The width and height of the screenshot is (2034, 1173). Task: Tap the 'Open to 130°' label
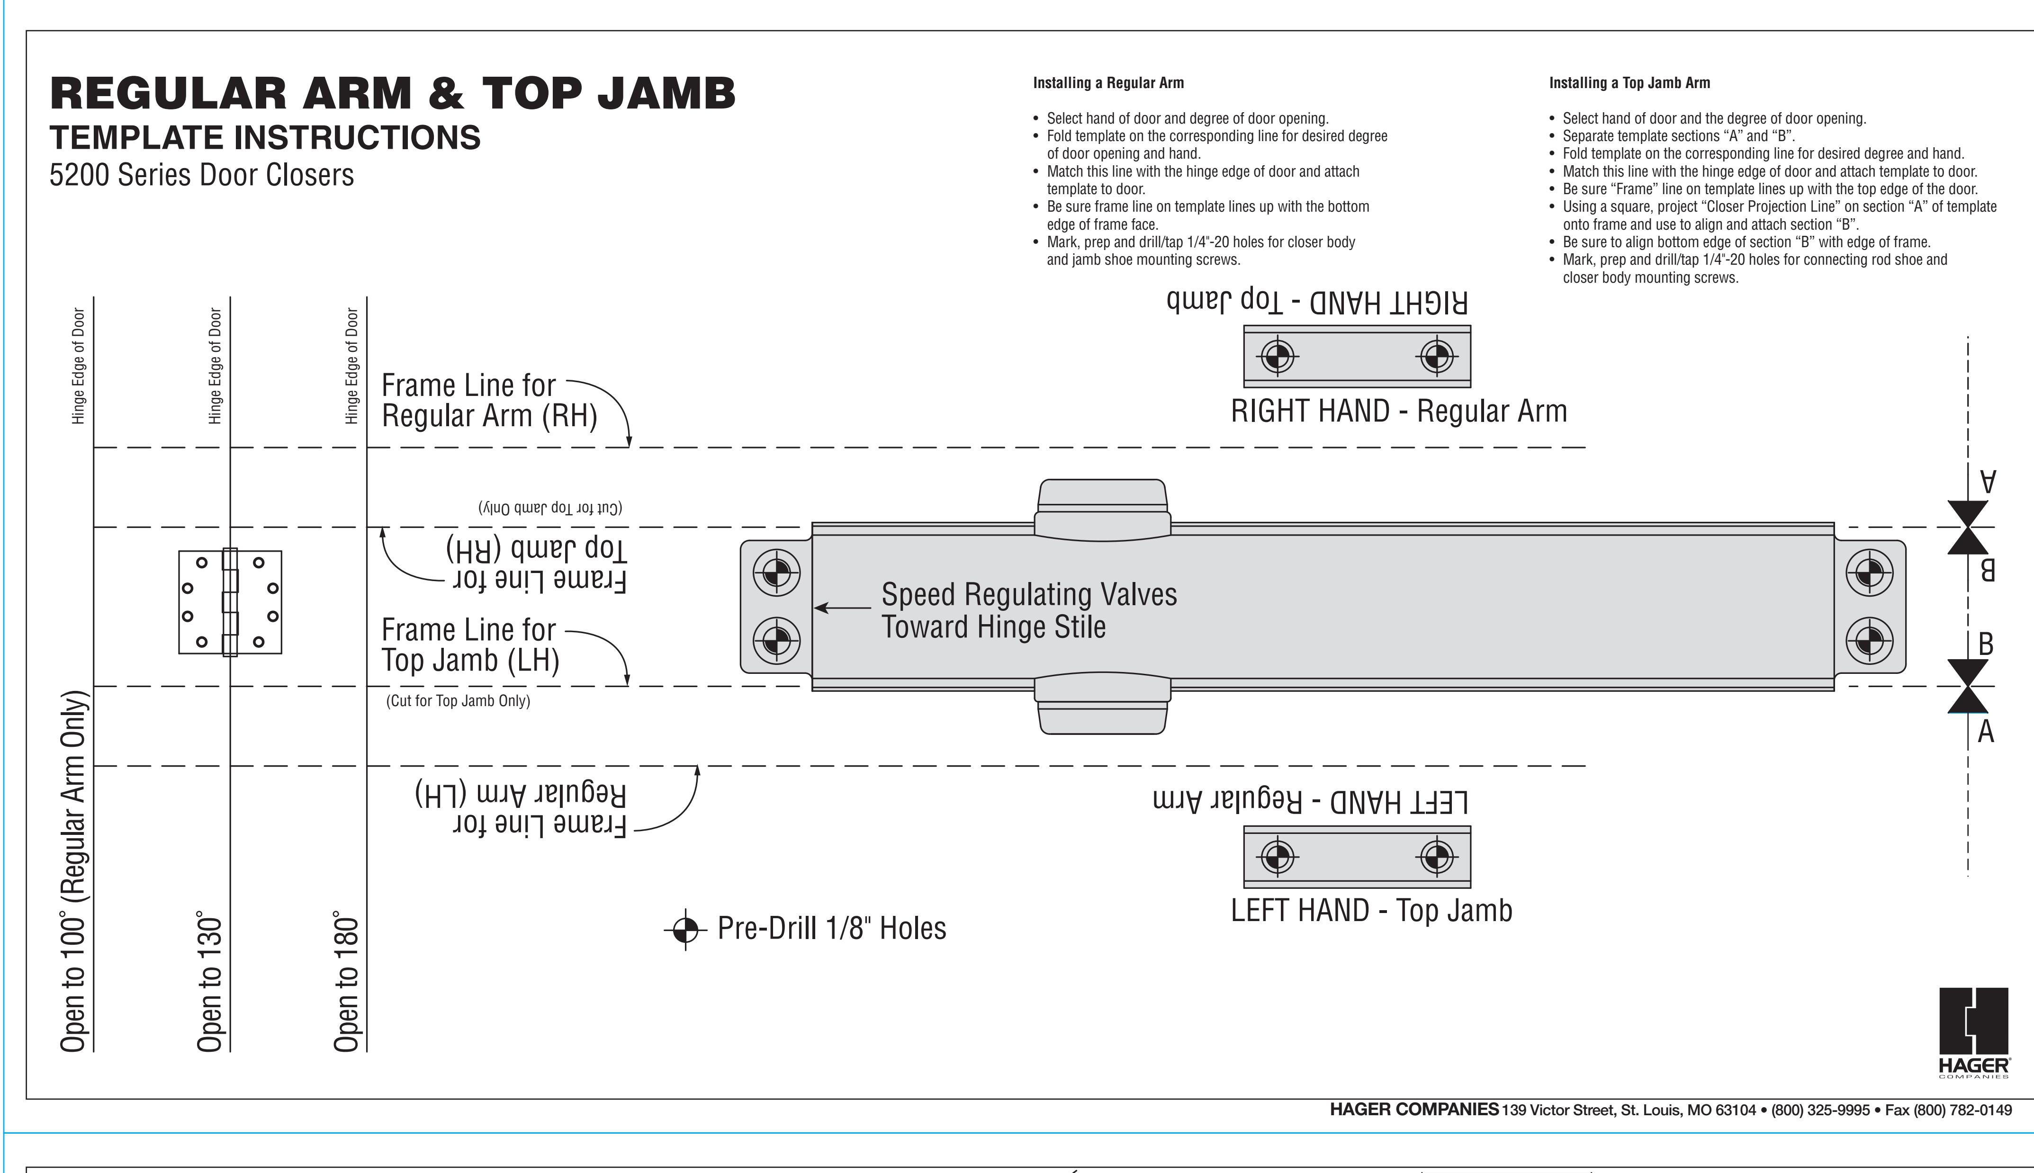tap(209, 982)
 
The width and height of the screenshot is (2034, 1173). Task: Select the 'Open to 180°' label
tap(346, 982)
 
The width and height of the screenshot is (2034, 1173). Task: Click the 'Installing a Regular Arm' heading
tap(1108, 83)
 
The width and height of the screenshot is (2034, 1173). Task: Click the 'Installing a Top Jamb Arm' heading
tap(1629, 83)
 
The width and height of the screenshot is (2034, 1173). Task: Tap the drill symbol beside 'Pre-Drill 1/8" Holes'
tap(685, 930)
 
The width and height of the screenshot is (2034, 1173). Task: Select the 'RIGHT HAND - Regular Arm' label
tap(1399, 411)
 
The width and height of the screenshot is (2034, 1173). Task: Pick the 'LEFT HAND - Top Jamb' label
tap(1372, 910)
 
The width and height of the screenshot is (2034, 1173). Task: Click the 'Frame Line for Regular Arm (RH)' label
tap(489, 401)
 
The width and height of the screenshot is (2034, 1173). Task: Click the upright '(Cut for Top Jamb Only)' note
tap(458, 701)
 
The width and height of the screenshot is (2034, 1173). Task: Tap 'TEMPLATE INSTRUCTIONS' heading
tap(265, 138)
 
